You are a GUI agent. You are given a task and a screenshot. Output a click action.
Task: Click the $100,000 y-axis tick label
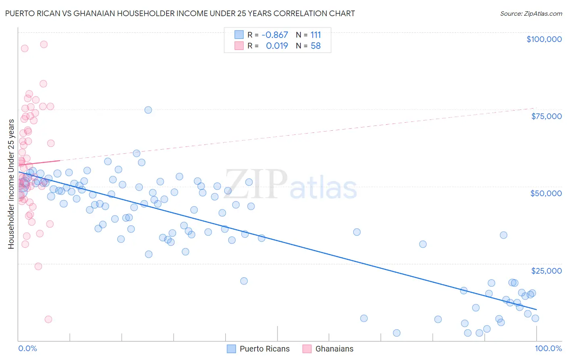click(x=544, y=39)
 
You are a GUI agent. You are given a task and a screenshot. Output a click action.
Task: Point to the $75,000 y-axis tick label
click(x=546, y=116)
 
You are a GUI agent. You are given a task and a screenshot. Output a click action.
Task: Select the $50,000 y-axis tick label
click(x=546, y=193)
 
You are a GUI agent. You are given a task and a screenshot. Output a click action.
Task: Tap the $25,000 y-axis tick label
click(x=546, y=270)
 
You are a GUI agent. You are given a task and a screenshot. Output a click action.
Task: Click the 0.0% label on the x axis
click(x=27, y=348)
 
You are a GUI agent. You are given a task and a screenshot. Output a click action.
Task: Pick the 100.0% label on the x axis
click(x=548, y=348)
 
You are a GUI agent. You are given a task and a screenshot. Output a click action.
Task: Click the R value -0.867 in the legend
click(x=275, y=35)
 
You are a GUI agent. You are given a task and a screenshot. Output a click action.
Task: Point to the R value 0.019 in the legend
click(x=277, y=46)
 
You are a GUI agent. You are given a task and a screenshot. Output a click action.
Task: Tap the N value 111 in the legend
click(x=316, y=35)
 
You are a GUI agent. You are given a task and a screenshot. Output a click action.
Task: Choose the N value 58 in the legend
click(x=316, y=46)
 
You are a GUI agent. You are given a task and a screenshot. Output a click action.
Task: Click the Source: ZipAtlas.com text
click(x=531, y=13)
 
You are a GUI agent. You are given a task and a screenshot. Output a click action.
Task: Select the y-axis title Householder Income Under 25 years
click(x=11, y=184)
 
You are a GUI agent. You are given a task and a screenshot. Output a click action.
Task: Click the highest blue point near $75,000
click(x=148, y=110)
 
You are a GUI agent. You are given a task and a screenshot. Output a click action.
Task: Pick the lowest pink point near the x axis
click(x=48, y=319)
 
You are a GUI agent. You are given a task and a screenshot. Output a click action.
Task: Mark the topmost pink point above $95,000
click(x=44, y=44)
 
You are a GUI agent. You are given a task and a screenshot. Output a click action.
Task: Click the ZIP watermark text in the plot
click(x=256, y=184)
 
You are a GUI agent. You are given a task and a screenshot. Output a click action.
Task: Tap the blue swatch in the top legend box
click(x=239, y=35)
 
